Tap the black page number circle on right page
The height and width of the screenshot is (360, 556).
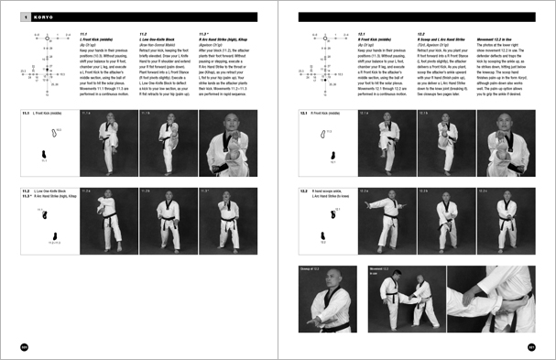[531, 346]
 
